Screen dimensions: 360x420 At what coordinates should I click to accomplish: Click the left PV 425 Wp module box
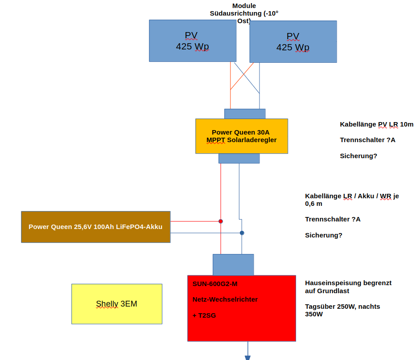click(x=192, y=41)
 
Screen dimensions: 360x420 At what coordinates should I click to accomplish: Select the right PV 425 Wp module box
click(x=293, y=41)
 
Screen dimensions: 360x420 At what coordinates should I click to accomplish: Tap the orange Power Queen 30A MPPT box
click(x=241, y=136)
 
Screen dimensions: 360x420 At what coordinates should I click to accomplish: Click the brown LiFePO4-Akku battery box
click(x=95, y=227)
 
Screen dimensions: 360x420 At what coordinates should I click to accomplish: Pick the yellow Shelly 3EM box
click(x=116, y=304)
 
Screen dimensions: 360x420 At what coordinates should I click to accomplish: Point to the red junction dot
click(x=221, y=221)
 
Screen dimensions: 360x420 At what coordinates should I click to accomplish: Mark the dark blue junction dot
click(x=242, y=233)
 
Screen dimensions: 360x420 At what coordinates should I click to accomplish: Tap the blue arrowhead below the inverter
click(x=247, y=357)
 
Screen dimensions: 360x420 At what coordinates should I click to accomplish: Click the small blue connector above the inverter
click(x=233, y=265)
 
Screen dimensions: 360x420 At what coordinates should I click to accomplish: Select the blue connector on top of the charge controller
click(x=244, y=114)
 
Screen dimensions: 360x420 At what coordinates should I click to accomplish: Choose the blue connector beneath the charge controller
click(x=239, y=158)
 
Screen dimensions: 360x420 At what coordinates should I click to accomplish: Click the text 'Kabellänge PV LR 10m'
click(x=376, y=124)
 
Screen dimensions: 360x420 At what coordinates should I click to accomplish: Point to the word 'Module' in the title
click(x=244, y=6)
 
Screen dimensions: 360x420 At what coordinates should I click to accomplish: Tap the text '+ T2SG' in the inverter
click(x=204, y=315)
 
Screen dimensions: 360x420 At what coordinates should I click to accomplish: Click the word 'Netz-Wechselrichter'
click(x=225, y=299)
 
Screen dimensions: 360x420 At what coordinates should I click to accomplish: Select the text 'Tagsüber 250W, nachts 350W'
click(x=342, y=310)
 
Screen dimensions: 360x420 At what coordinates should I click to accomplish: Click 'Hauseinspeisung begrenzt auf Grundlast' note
click(x=348, y=286)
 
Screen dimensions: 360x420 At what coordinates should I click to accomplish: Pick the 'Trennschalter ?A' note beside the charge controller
click(x=367, y=140)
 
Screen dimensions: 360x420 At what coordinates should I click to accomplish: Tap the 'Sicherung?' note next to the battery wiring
click(x=323, y=235)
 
